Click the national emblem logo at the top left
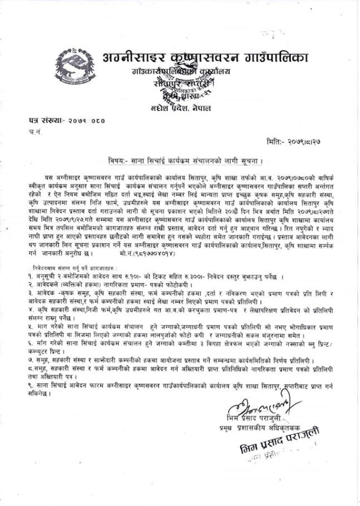coord(73,67)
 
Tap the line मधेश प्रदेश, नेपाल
coord(188,107)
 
